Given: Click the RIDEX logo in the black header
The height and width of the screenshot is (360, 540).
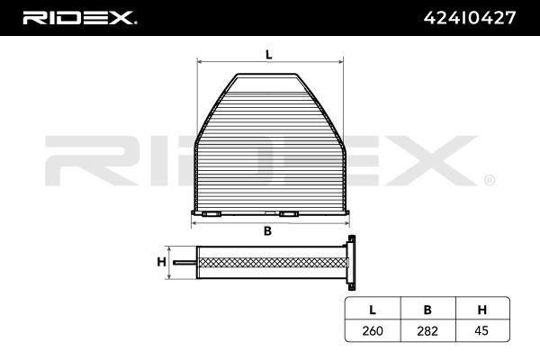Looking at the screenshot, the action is [79, 18].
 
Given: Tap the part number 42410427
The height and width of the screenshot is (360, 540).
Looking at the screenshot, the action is [470, 18].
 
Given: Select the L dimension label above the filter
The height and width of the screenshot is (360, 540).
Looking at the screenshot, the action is [268, 54].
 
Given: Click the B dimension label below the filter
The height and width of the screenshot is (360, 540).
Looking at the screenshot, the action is [267, 231].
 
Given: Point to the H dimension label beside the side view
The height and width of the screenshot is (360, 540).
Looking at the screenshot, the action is [161, 262].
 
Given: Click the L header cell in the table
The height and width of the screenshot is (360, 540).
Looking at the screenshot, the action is [373, 310].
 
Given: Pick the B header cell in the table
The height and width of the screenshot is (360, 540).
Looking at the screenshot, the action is [427, 310].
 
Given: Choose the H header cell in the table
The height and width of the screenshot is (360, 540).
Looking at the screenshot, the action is [482, 310].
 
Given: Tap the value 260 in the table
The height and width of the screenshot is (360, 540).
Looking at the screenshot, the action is [373, 331].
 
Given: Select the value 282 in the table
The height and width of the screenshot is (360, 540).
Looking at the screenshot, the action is [427, 331].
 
